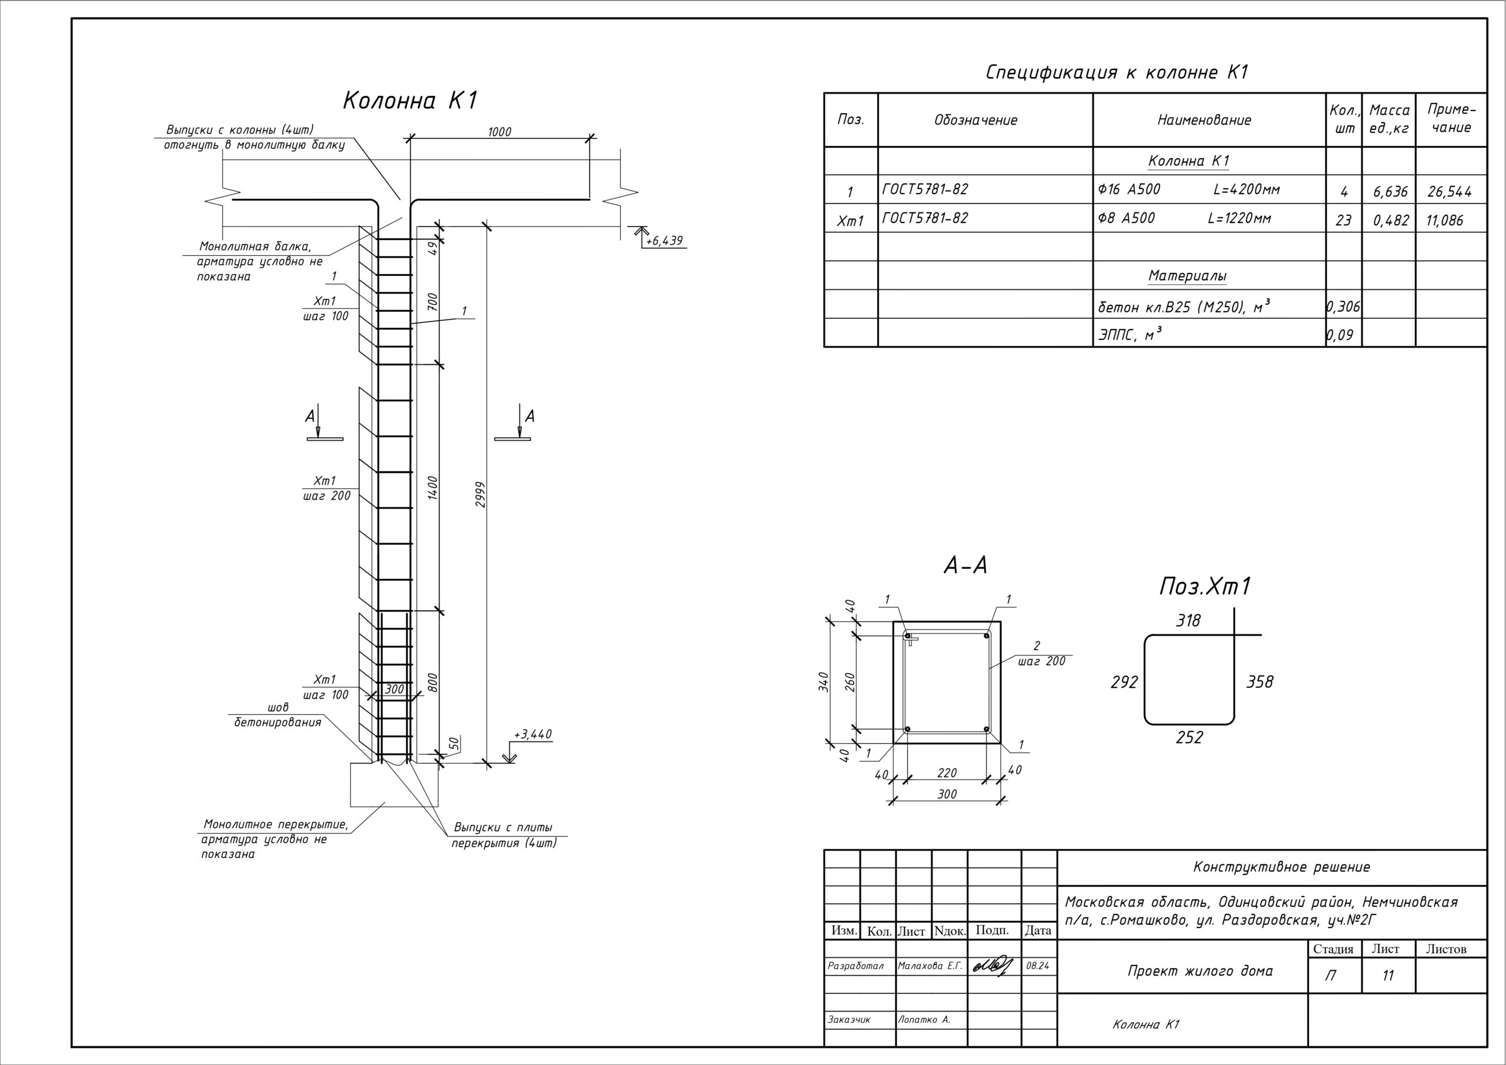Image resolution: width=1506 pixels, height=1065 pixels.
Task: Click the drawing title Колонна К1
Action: click(x=411, y=101)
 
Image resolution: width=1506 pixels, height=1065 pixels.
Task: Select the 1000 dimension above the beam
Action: click(x=499, y=132)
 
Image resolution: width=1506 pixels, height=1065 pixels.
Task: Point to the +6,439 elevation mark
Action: click(x=664, y=241)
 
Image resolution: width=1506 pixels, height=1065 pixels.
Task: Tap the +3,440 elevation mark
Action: click(x=532, y=734)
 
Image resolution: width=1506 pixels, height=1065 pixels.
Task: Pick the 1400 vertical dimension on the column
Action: click(x=432, y=488)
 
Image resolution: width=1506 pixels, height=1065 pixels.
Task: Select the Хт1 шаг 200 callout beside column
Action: click(x=326, y=488)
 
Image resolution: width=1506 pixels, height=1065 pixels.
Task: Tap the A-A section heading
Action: click(x=965, y=565)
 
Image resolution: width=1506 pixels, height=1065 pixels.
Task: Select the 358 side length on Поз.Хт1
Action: click(x=1260, y=683)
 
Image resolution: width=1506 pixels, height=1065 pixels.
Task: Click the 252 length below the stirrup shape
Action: click(x=1189, y=738)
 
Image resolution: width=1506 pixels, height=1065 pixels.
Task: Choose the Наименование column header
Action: click(x=1204, y=120)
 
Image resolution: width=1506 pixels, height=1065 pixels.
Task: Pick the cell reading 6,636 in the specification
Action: click(x=1390, y=192)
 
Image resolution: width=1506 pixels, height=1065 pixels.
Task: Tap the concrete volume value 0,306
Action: click(x=1342, y=307)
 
